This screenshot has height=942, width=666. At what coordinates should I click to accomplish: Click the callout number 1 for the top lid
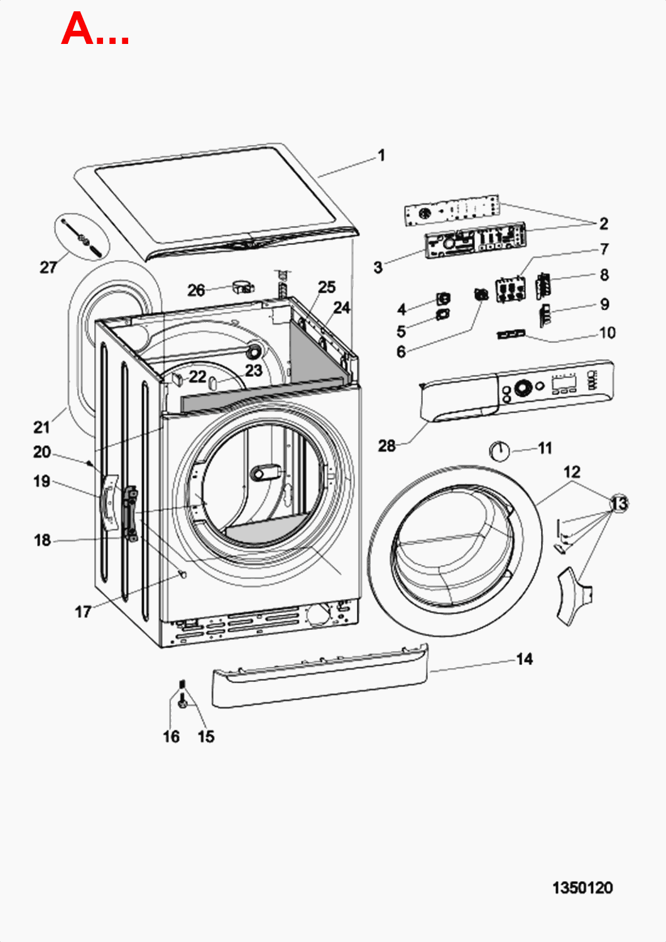coord(381,156)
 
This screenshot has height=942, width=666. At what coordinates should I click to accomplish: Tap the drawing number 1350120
coord(582,888)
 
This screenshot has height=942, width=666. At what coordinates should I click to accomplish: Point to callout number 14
coord(525,659)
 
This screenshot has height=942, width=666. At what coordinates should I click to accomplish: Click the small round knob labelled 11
coord(499,452)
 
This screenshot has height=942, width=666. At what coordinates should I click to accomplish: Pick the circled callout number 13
coord(620,504)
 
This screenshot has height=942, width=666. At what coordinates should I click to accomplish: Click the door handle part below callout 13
coord(574,597)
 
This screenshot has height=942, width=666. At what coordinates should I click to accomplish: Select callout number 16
coord(172,737)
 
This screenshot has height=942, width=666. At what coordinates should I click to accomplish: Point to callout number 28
coord(386,446)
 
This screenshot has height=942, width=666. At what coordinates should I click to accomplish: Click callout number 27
coord(48,267)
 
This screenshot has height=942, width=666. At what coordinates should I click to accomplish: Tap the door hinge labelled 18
coord(131,514)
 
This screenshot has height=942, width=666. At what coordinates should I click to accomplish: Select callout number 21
coord(41,427)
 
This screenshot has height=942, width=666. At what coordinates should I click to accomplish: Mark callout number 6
coord(401,352)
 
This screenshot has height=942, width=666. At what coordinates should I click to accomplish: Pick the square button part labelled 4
coord(444,298)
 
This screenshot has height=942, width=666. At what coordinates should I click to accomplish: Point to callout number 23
coord(254,371)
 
